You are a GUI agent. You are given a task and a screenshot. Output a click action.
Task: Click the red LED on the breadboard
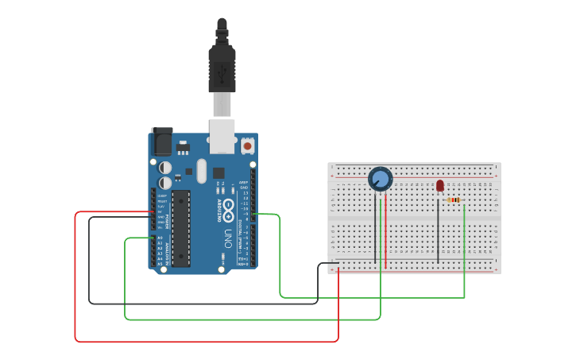pos(440,185)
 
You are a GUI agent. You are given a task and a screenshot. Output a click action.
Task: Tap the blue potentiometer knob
pos(381,180)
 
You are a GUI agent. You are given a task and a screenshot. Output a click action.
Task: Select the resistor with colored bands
pos(454,200)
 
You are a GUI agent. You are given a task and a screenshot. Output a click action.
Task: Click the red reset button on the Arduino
pos(248,146)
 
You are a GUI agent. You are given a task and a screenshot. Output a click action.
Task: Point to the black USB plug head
pos(222,67)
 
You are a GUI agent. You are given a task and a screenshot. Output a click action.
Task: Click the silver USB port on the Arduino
pos(222,135)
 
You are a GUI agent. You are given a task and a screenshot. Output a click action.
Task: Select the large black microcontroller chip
pos(181,227)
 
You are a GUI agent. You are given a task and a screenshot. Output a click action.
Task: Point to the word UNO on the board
pos(228,238)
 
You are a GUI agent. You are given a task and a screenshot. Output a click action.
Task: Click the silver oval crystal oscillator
pos(201,171)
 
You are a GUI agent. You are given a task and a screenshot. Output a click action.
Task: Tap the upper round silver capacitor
pos(165,168)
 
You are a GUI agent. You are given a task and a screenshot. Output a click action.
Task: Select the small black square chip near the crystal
pos(218,172)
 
